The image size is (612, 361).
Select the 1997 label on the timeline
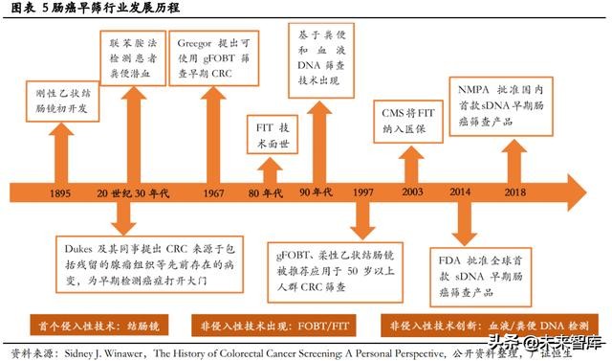(362, 194)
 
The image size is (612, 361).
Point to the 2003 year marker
(412, 194)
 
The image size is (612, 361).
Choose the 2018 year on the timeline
(516, 194)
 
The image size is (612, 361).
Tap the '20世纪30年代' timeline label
(131, 194)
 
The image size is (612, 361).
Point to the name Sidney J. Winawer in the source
(105, 352)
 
